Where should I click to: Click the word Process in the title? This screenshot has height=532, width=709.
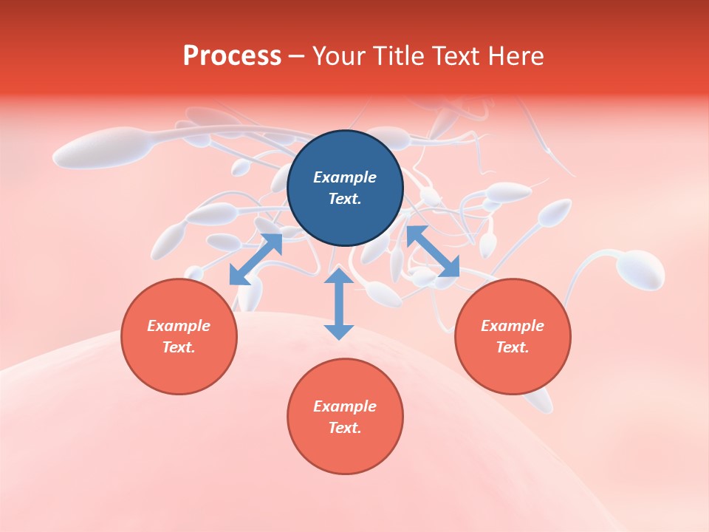232,56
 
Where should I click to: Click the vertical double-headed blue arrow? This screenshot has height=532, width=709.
339,304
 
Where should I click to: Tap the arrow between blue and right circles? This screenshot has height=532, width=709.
433,251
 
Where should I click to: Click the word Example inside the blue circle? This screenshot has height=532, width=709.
345,177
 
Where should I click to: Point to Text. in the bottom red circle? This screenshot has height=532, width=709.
345,428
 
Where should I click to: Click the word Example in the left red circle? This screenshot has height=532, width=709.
179,326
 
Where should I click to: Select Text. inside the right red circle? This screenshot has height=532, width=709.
513,347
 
